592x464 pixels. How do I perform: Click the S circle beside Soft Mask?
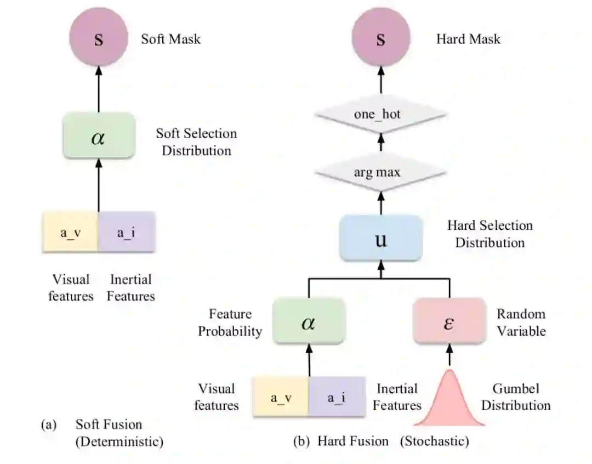coord(99,39)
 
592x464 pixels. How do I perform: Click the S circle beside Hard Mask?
coord(380,39)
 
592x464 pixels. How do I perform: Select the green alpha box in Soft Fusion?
coord(99,136)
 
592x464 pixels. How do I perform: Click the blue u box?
coord(380,238)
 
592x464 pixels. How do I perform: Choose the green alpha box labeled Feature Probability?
coord(309,321)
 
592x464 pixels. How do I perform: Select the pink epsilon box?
coord(449,321)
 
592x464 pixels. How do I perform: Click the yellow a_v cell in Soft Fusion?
coord(70,232)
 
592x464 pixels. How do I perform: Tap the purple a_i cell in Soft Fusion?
coord(127,232)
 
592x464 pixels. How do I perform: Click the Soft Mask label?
coord(170,39)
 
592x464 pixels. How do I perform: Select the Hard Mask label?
coord(468,39)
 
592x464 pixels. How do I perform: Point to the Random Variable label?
coord(521,322)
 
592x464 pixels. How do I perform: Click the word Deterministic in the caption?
coord(119,442)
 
